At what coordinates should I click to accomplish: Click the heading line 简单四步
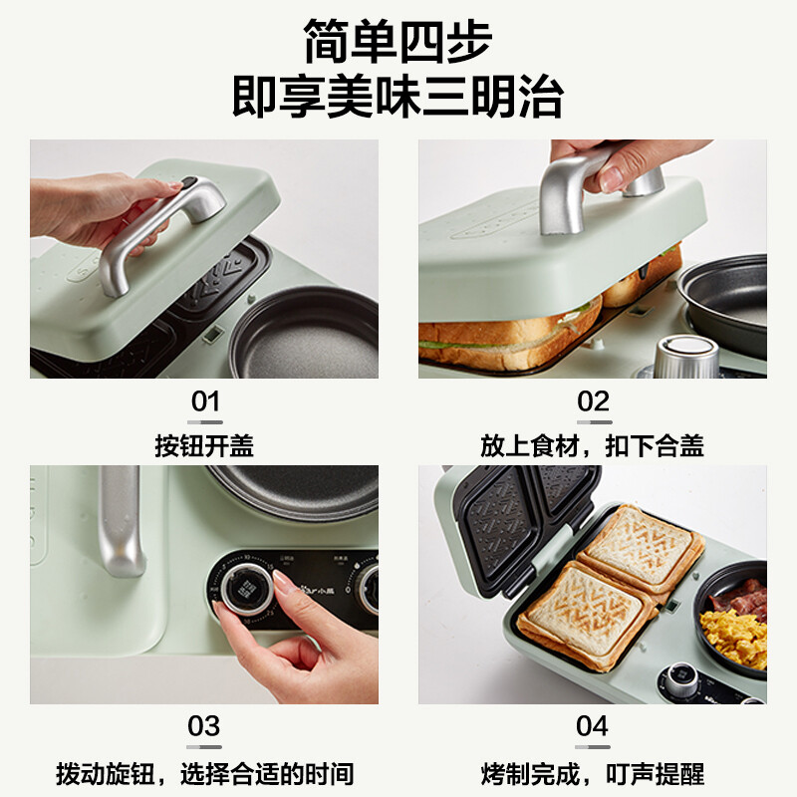[x=398, y=43]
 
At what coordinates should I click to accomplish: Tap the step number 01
[x=204, y=401]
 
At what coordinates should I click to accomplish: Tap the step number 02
[x=593, y=401]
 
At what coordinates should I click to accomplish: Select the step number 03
[x=204, y=726]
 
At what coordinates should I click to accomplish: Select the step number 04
[x=593, y=726]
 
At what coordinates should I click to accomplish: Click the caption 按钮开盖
[x=204, y=445]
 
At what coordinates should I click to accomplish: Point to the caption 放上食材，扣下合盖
[x=593, y=445]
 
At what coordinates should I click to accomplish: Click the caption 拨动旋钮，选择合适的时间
[x=204, y=773]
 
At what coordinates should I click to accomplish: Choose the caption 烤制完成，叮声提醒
[x=593, y=773]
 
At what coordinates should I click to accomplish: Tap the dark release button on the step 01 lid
[x=187, y=182]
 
